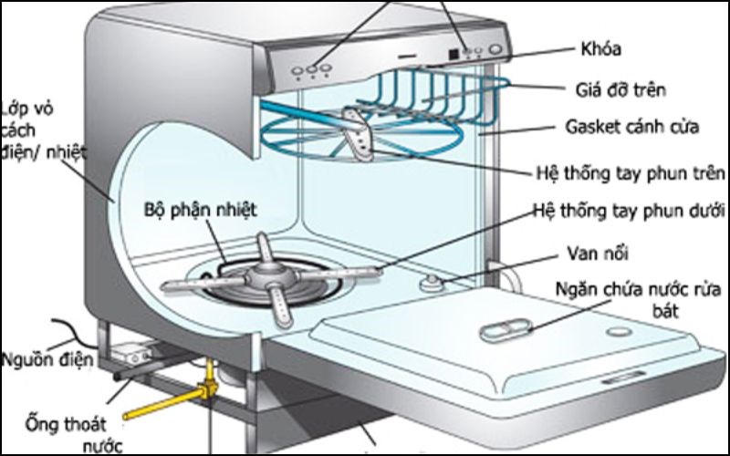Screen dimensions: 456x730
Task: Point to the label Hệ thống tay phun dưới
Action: click(x=631, y=212)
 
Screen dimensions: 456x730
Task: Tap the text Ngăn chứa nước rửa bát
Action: click(x=629, y=300)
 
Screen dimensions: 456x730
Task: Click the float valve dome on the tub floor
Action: click(x=429, y=284)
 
